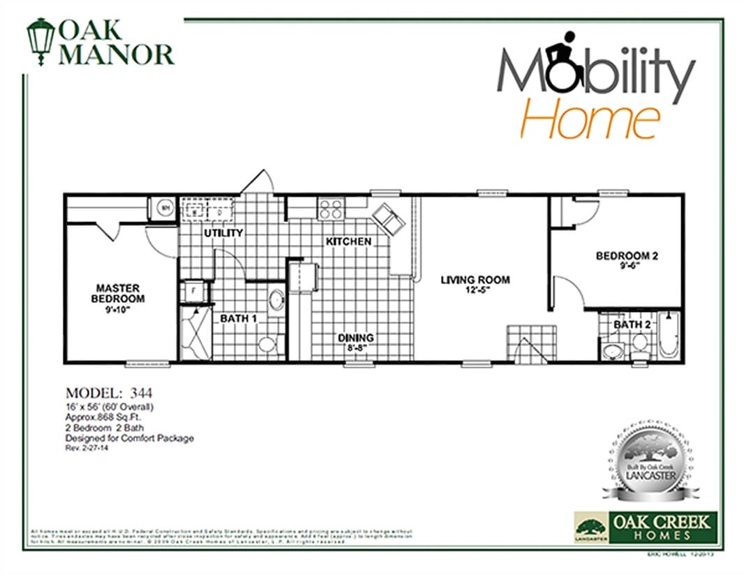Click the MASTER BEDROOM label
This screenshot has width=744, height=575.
118,293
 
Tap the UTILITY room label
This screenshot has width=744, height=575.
223,232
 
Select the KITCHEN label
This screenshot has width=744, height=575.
348,241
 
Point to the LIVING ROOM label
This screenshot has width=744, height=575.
475,280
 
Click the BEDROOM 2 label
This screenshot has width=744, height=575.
626,256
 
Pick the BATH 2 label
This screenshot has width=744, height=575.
632,324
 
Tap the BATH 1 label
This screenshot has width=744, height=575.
239,319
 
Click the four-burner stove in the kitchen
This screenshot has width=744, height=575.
330,208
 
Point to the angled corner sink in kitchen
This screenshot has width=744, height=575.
388,218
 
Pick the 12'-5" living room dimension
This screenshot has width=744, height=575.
475,290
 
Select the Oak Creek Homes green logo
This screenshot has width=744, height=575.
643,525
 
